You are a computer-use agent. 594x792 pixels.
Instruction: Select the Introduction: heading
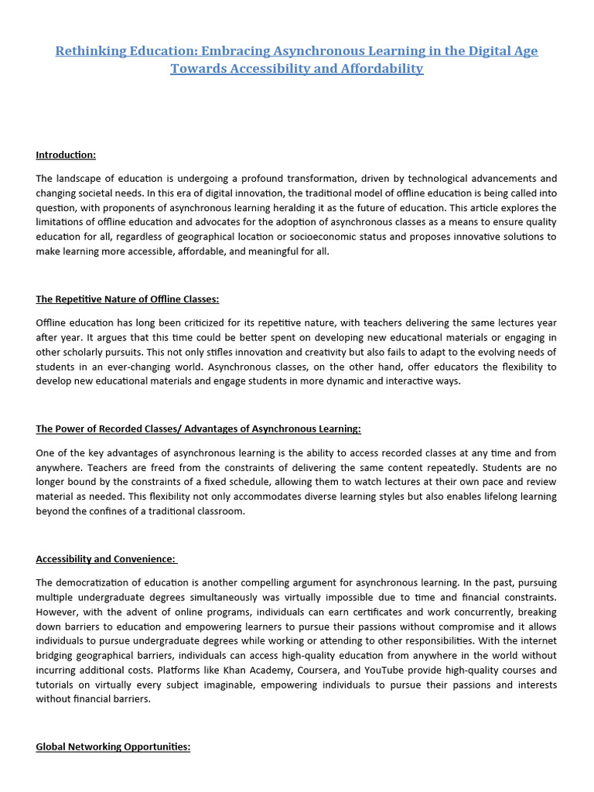point(66,155)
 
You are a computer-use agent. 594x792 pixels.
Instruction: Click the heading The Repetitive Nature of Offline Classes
point(128,299)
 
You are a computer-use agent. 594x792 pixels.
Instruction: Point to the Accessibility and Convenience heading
point(106,558)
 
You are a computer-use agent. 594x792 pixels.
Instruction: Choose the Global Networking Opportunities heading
point(113,747)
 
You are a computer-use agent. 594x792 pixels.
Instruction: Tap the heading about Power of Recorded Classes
point(198,428)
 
